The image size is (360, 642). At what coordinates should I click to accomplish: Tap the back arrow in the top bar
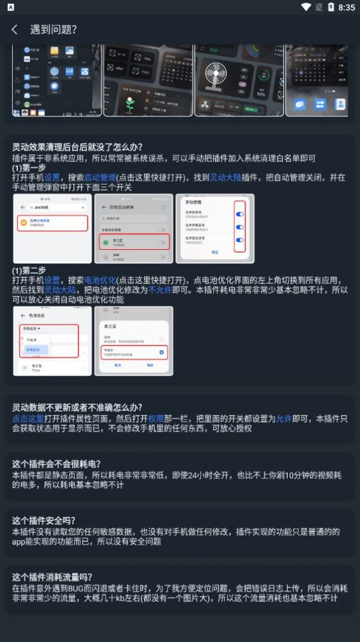click(14, 30)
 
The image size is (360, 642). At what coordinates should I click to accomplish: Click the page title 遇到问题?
click(53, 30)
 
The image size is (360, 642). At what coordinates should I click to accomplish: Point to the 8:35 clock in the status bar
click(346, 7)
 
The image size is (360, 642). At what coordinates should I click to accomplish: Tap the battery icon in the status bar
click(330, 7)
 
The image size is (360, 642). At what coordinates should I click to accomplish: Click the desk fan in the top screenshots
click(214, 78)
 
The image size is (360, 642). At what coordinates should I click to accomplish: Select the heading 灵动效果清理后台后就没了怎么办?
click(77, 147)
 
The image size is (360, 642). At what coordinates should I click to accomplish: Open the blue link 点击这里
click(28, 419)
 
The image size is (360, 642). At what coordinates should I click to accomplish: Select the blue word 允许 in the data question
click(284, 419)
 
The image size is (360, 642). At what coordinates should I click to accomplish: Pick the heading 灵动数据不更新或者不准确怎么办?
click(77, 408)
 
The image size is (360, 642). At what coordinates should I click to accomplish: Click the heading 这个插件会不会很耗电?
click(57, 464)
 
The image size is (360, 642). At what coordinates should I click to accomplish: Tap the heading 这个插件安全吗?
click(44, 520)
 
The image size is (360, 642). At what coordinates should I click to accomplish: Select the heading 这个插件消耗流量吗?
click(52, 577)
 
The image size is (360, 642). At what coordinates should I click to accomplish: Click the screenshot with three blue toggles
click(215, 229)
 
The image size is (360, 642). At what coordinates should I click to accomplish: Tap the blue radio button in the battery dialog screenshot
click(162, 352)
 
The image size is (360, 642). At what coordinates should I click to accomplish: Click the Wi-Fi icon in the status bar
click(306, 7)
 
